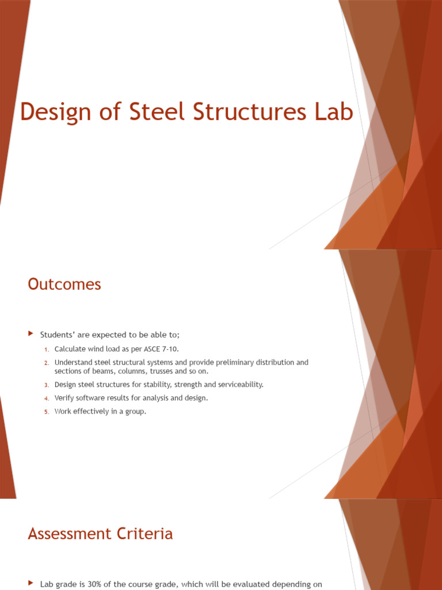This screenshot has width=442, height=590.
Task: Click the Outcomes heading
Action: click(64, 284)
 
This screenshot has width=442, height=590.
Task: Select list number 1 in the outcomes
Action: click(47, 349)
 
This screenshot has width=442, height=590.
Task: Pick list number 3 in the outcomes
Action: click(47, 385)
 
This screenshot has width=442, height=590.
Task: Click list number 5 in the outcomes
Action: click(47, 412)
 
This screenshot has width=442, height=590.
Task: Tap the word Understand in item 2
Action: click(73, 362)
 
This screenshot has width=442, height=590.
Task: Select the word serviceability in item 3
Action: click(239, 384)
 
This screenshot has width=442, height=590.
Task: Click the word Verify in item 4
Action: click(64, 398)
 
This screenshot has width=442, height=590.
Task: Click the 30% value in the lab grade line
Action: click(93, 584)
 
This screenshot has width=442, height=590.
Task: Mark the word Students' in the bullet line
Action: click(56, 335)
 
